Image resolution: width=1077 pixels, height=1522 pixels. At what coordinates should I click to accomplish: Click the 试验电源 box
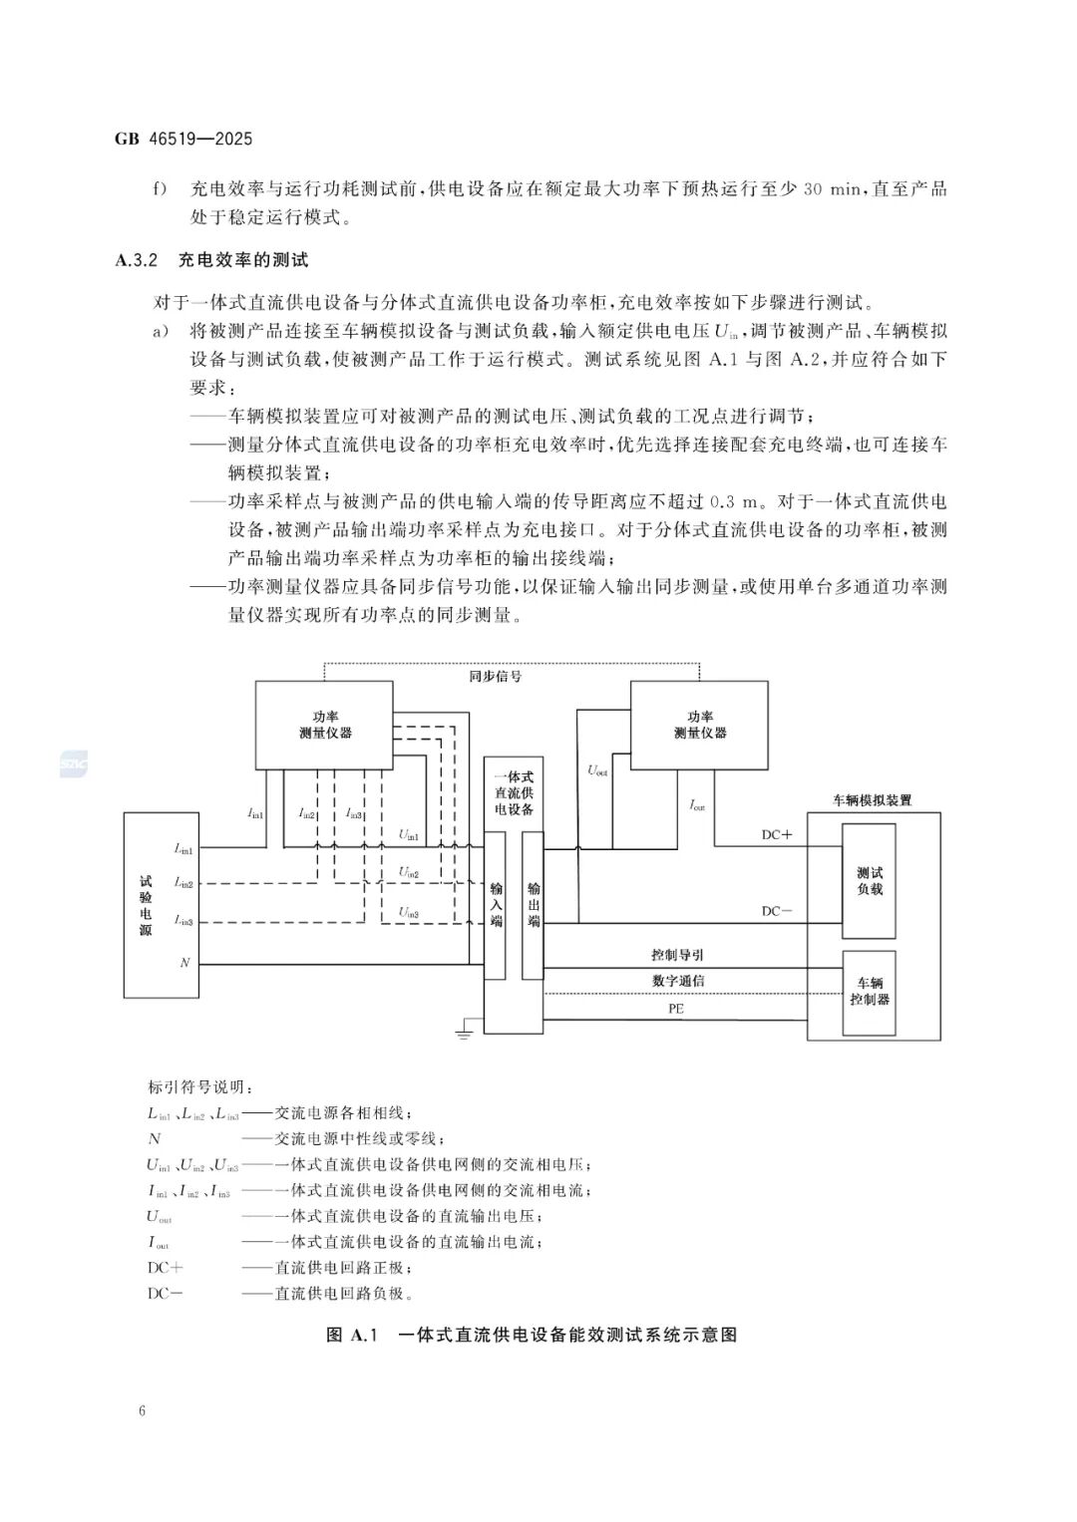163,905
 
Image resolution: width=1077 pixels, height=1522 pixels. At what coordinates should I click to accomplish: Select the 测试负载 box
870,881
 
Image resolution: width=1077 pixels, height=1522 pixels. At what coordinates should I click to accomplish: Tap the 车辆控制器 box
870,992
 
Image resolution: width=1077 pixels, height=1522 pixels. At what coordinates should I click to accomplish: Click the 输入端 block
496,904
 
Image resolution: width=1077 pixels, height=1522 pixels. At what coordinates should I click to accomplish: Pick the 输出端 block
534,904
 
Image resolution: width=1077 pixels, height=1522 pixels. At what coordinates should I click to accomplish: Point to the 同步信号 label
496,676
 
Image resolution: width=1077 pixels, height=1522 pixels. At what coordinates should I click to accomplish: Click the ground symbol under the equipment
463,1034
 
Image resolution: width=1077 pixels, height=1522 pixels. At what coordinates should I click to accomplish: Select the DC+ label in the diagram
777,834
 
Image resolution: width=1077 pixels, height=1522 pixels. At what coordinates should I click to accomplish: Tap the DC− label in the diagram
777,910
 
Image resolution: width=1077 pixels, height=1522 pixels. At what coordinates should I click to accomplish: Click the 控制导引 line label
678,955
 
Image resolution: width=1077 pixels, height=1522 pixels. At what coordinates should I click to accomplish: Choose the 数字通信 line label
678,981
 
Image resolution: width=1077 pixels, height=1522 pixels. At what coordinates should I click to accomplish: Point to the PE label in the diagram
676,1009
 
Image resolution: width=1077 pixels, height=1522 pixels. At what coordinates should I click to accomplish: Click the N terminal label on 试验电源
184,963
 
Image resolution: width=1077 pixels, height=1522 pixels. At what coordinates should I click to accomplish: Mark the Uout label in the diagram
597,770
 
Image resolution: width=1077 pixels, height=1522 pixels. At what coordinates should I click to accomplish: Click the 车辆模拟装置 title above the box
872,800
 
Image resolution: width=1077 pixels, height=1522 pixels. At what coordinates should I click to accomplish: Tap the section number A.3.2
138,261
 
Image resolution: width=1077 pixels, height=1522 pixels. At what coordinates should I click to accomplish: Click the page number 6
144,1410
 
